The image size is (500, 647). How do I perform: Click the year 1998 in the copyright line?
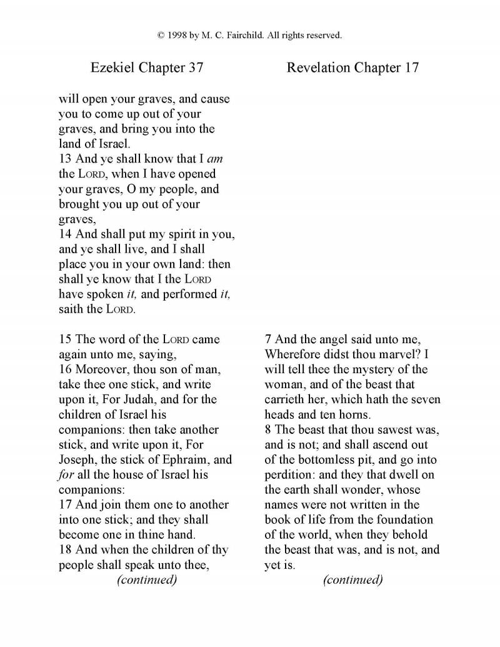pos(178,36)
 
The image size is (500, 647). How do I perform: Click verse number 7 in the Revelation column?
pos(269,339)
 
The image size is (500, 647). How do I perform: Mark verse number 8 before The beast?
pos(269,429)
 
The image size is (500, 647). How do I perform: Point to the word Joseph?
pos(78,459)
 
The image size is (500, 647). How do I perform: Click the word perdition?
pos(289,474)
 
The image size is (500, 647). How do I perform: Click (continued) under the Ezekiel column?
pos(147,579)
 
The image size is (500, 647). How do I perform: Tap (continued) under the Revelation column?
pos(352,579)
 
